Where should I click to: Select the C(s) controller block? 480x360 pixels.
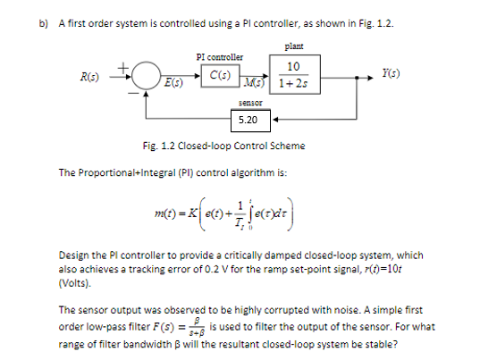click(x=215, y=74)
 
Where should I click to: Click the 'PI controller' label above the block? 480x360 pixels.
click(x=214, y=55)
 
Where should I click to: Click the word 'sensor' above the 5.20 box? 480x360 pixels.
click(x=248, y=104)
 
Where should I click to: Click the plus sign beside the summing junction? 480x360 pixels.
click(x=137, y=64)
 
